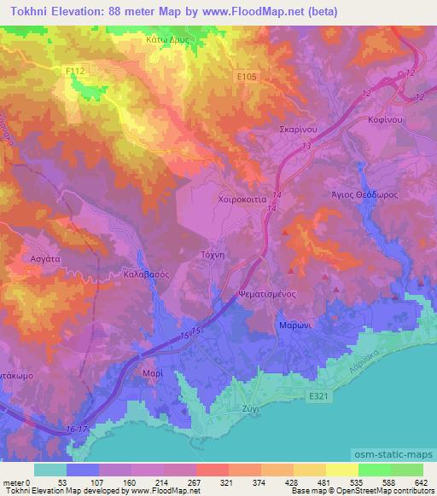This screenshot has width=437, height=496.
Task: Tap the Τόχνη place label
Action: point(216,255)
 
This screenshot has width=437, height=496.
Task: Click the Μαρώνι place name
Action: point(292,326)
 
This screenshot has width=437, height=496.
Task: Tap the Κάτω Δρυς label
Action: point(166,39)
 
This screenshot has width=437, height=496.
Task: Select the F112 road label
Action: point(76,74)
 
